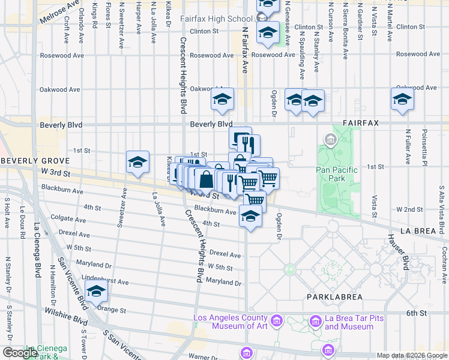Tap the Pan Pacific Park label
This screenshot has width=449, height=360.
337,174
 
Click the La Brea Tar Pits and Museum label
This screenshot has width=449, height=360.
349,323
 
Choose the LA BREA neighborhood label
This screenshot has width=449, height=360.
421,230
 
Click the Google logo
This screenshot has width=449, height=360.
20,353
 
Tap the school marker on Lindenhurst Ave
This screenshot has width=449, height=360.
97,292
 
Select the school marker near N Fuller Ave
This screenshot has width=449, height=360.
402,100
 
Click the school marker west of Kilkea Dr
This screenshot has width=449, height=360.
138,163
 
